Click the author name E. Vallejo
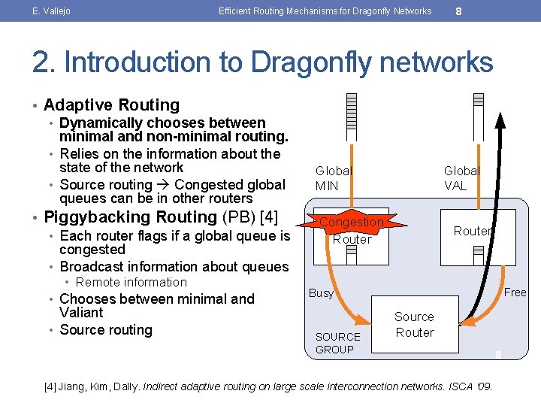50,11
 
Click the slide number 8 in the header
458,11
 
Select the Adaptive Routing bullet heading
112,105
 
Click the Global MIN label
333,178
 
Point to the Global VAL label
461,178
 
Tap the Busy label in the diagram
321,293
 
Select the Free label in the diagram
515,292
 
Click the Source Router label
415,325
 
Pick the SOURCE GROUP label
337,343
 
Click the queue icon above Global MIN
352,117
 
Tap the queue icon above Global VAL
479,117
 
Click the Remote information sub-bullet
131,283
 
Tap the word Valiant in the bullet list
81,313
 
